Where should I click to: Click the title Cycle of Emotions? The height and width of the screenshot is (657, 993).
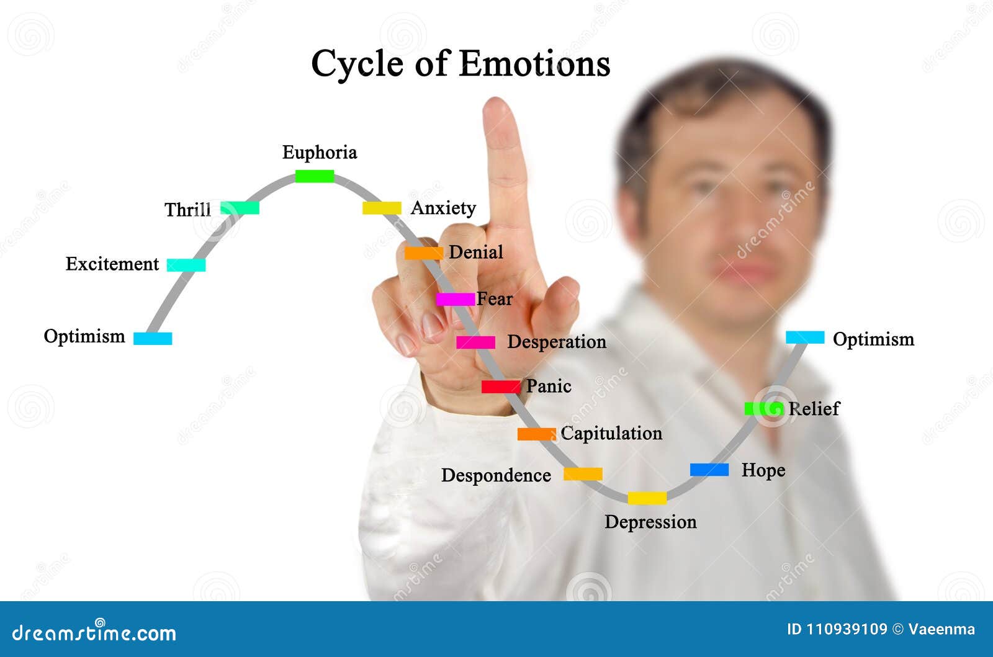(461, 63)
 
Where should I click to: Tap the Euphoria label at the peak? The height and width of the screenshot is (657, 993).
(320, 153)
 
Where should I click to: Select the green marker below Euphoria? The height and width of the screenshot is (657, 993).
(315, 176)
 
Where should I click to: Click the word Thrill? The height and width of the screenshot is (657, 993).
(187, 210)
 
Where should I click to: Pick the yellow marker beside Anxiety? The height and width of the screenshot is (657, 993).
(382, 208)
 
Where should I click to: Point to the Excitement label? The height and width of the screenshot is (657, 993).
(112, 264)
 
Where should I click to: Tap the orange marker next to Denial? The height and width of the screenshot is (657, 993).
(424, 253)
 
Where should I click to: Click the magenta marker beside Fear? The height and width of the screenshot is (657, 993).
(455, 300)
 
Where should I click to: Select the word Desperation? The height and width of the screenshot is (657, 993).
(557, 342)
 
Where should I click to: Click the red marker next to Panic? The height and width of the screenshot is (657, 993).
(501, 387)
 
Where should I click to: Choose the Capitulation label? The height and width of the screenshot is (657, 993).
(611, 433)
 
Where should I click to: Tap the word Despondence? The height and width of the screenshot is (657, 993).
(496, 475)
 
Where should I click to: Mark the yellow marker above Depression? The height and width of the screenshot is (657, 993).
(647, 498)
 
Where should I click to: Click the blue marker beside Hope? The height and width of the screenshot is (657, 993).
(709, 470)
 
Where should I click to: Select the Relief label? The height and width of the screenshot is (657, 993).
(814, 409)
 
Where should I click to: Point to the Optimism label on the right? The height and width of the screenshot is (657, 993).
(873, 339)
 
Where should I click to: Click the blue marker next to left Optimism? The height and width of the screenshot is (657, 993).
(153, 338)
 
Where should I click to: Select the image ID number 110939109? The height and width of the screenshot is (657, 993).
(847, 629)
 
